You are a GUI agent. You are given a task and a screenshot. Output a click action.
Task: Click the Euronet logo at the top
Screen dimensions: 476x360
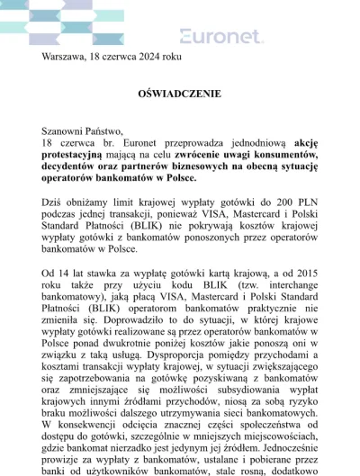click(221, 36)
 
